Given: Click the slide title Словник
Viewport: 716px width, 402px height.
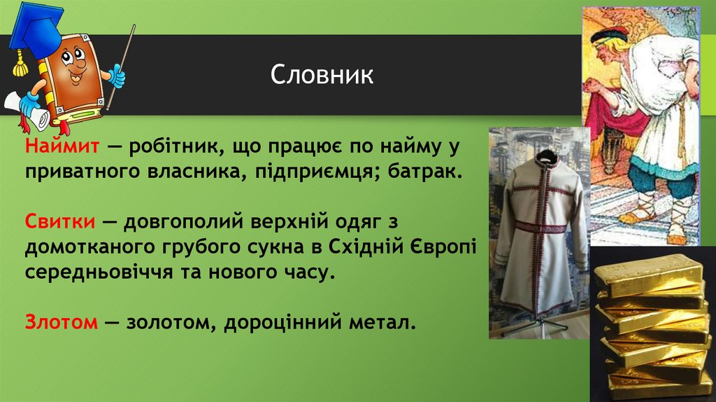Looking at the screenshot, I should coord(322,75).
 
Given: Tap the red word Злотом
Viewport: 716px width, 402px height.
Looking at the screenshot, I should coord(62,323).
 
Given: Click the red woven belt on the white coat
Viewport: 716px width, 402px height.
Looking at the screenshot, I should coord(538,226).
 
